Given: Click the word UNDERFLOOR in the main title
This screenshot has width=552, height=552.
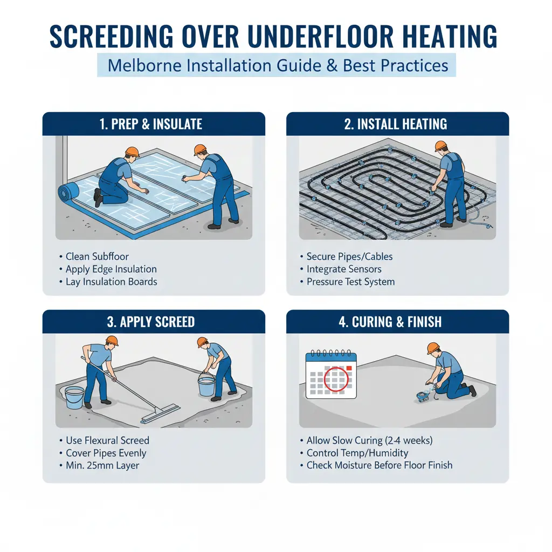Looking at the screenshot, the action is point(320,36).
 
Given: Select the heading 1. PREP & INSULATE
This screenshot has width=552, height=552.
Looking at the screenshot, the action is point(151,124).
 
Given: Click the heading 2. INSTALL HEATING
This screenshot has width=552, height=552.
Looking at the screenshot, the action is point(396,124).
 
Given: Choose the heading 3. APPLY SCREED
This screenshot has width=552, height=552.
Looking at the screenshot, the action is point(151,322).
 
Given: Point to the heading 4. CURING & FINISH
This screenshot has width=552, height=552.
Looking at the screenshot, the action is point(390,322).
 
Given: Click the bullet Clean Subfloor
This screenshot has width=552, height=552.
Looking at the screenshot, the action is point(97,256).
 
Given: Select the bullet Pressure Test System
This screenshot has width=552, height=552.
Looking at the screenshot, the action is point(350,281).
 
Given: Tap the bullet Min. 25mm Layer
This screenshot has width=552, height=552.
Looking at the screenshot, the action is point(102,465).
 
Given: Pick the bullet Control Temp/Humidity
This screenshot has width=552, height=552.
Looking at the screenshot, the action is point(357,453).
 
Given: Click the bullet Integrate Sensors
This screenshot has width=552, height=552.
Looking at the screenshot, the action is point(344,269).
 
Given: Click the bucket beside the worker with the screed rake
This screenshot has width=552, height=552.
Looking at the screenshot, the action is point(74,397).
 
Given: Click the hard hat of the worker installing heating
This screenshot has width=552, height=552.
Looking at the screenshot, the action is point(440,146).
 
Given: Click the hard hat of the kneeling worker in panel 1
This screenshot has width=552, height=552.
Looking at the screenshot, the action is point(132,151).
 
